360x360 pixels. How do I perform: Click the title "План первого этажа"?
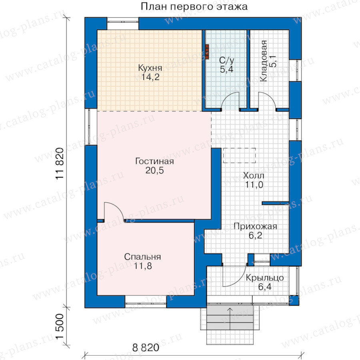(x=194, y=7)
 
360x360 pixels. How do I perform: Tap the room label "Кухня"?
(x=150, y=68)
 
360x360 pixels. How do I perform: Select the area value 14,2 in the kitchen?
(x=150, y=77)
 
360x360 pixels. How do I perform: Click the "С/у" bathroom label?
(x=227, y=61)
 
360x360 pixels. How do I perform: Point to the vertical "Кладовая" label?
(x=264, y=61)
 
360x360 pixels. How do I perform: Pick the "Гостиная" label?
(x=154, y=161)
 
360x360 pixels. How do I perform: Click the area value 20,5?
(x=154, y=170)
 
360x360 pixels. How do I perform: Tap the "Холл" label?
(x=254, y=176)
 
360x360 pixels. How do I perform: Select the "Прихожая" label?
(x=255, y=226)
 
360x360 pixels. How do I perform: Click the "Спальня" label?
(x=142, y=257)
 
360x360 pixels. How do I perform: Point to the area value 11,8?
(x=143, y=266)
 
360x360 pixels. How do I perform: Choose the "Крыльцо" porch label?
(x=265, y=278)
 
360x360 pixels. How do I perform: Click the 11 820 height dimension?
(x=60, y=163)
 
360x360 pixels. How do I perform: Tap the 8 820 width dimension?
(x=146, y=348)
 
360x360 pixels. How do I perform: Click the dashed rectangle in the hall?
(x=239, y=156)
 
